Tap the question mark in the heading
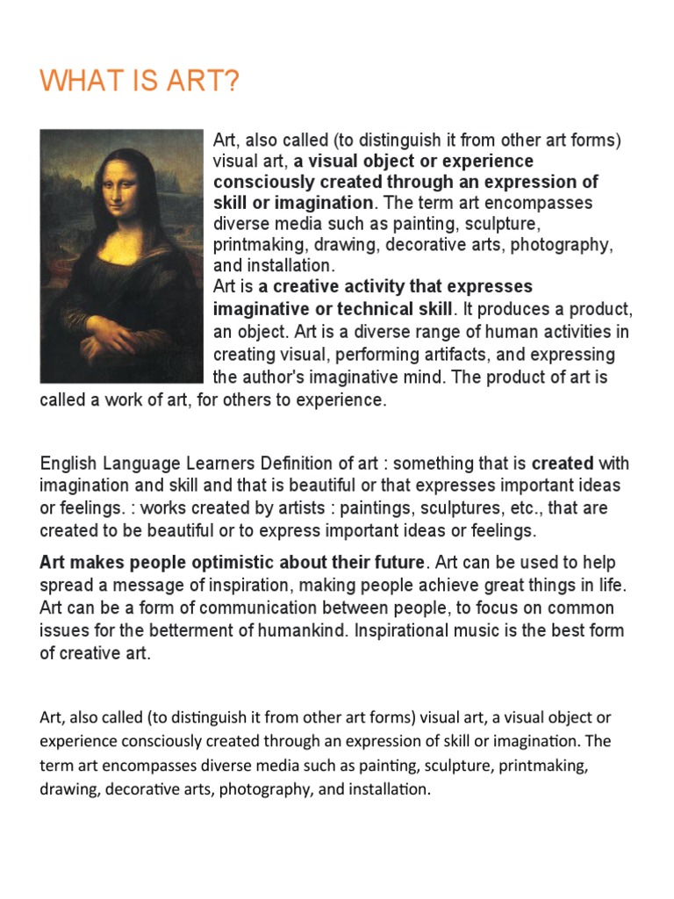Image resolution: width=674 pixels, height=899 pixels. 231,83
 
